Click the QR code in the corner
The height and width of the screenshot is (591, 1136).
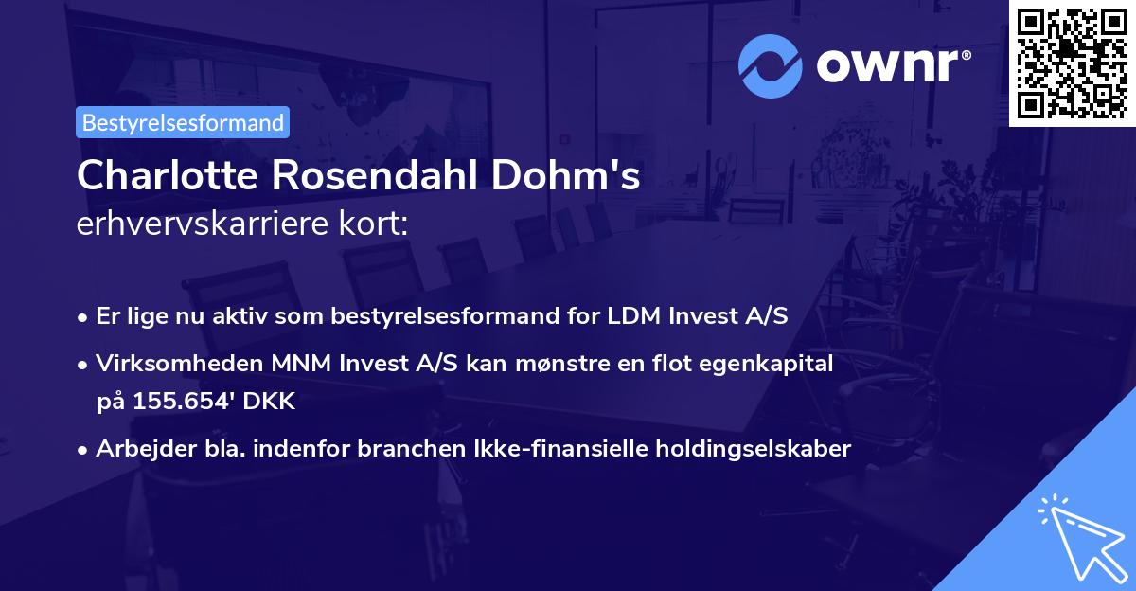[1072, 63]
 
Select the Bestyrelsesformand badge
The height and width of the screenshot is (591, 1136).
[183, 122]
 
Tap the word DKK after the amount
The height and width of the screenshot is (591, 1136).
[271, 402]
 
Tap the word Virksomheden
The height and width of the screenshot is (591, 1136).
[163, 364]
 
